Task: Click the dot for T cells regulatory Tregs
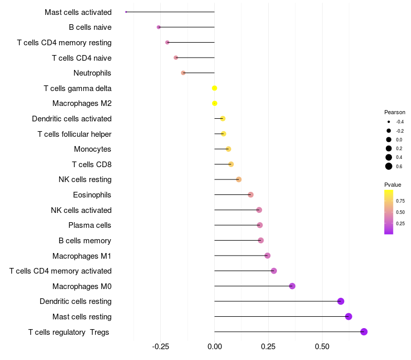point(364,332)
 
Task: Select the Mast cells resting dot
point(348,316)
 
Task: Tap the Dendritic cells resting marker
point(341,301)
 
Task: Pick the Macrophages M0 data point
point(292,286)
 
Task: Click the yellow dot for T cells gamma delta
point(214,88)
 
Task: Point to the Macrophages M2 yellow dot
point(215,103)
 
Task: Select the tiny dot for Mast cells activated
point(126,12)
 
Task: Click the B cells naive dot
point(159,27)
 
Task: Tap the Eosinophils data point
point(251,195)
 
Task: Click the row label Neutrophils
point(92,73)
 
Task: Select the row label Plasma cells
point(90,225)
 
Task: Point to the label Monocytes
point(92,149)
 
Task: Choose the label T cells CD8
point(91,165)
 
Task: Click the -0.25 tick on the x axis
point(160,347)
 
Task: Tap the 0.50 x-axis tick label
point(322,347)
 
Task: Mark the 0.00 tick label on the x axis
point(214,347)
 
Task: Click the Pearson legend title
point(395,112)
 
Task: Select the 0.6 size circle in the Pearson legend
point(389,166)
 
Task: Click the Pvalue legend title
point(393,185)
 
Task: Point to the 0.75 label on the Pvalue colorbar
point(400,201)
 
